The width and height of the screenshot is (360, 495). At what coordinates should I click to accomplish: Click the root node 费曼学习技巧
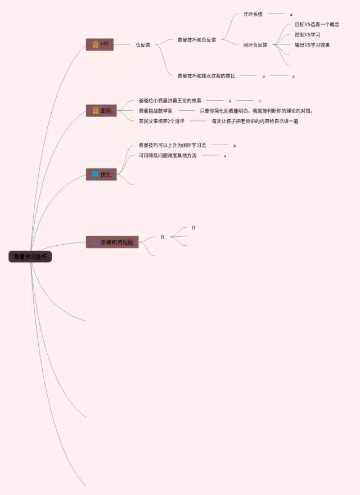pos(30,257)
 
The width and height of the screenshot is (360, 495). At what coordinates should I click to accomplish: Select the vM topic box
pos(100,44)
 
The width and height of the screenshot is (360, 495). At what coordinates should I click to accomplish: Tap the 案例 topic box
pos(101,111)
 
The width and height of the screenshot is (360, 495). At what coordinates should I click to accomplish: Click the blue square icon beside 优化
pos(95,174)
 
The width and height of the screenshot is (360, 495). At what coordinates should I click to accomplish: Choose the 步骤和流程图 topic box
pos(112,242)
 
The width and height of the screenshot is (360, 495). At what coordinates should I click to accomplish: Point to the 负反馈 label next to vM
pos(143,45)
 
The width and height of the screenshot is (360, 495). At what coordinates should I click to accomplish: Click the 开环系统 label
pos(253,14)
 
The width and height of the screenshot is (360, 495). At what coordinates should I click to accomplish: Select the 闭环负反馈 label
pos(255,45)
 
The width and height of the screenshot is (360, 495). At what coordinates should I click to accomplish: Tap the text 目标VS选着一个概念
pos(317,25)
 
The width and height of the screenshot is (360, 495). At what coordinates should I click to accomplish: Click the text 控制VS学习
pos(308,35)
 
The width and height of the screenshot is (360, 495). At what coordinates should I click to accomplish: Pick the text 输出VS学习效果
pos(312,45)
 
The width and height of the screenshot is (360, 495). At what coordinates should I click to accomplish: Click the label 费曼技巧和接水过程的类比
pos(206,75)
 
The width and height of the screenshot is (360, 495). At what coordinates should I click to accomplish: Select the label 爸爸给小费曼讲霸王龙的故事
pos(170,101)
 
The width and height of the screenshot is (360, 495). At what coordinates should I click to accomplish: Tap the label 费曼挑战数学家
pos(156,111)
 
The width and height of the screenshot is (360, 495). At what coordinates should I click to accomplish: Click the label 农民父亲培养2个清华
pos(161,121)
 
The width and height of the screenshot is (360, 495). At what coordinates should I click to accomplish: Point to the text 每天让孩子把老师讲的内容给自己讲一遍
pos(255,121)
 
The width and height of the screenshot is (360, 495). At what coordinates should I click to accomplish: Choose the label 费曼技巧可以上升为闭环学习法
pos(173,145)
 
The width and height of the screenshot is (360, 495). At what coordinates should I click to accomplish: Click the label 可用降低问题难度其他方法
pos(168,155)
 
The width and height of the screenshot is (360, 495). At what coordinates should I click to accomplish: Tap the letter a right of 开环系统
pos(291,14)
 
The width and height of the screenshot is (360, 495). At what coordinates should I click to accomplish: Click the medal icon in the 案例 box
pos(96,111)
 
